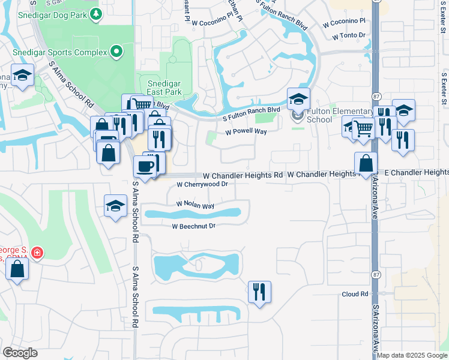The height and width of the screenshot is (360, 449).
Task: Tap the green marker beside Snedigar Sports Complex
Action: click(x=116, y=52)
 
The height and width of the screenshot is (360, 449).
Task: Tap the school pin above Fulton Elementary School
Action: click(x=298, y=98)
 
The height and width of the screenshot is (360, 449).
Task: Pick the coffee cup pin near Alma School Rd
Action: click(x=145, y=166)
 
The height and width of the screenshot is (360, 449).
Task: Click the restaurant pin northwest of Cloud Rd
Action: click(x=259, y=292)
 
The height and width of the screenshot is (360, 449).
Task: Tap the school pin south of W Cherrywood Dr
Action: click(x=115, y=206)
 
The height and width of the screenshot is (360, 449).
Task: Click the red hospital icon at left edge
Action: click(x=38, y=253)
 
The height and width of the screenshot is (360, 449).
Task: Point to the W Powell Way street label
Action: click(x=246, y=132)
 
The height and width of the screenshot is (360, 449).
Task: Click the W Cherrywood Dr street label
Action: click(x=202, y=185)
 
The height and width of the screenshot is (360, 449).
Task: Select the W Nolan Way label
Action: click(x=195, y=205)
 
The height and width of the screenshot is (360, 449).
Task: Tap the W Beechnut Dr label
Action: click(x=193, y=226)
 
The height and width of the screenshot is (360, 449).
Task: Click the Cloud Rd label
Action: click(x=355, y=294)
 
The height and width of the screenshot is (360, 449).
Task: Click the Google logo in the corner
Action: click(x=20, y=353)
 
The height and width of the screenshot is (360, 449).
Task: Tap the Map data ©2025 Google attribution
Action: click(x=412, y=355)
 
